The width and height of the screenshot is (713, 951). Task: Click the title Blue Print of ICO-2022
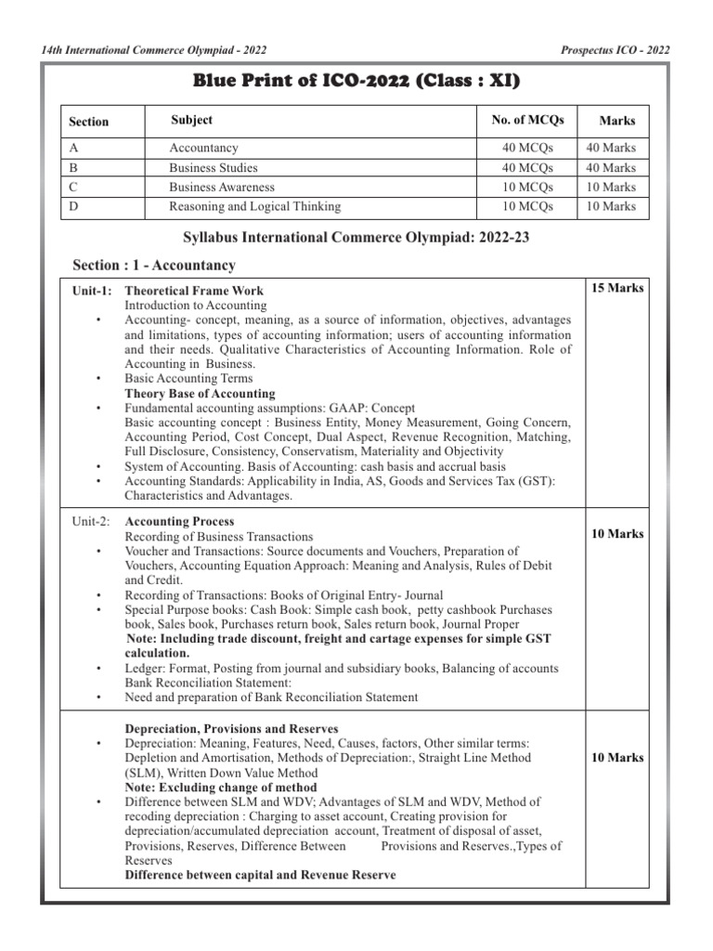tap(356, 82)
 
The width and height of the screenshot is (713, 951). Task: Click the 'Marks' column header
tap(617, 122)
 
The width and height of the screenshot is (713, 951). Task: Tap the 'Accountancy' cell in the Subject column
tap(203, 148)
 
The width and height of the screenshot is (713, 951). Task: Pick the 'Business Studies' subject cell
tap(214, 168)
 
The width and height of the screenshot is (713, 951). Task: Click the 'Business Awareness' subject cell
tap(221, 188)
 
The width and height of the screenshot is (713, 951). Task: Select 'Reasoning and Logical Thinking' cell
tap(254, 207)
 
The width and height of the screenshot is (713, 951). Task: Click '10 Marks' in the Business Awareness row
tap(610, 188)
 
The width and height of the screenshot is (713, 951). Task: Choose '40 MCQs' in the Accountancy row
tap(527, 148)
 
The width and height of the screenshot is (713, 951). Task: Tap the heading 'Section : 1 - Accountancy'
tap(154, 266)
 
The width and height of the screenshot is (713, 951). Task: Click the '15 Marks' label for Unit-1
tap(617, 289)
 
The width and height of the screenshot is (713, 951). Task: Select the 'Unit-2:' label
tap(92, 523)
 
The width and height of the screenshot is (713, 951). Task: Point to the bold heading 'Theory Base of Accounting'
tap(201, 394)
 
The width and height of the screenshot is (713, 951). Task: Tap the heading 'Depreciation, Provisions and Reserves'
tap(231, 728)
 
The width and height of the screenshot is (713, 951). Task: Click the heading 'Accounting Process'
tap(179, 523)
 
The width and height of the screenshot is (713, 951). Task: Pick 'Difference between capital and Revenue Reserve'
tap(260, 876)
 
